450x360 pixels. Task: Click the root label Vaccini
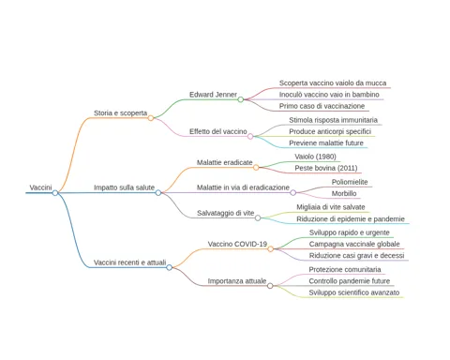click(x=40, y=187)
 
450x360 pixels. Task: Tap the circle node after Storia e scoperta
click(x=151, y=118)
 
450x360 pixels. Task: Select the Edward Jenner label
click(x=213, y=95)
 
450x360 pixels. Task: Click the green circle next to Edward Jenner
click(x=241, y=99)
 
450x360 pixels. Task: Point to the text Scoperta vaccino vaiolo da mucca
click(x=333, y=83)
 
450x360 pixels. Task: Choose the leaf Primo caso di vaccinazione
click(x=322, y=106)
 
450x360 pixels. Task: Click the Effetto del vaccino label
click(x=218, y=131)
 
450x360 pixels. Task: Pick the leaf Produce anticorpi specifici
click(x=330, y=131)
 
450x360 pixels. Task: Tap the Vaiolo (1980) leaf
click(x=315, y=157)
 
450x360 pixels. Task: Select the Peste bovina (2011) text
click(x=326, y=168)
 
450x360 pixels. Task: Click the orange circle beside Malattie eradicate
click(x=256, y=168)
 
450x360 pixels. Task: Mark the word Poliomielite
click(x=350, y=182)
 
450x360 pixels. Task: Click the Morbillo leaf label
click(x=344, y=193)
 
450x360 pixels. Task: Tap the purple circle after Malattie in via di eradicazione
click(x=292, y=192)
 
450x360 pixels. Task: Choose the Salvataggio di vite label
click(x=226, y=213)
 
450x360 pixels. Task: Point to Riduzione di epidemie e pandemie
click(x=351, y=219)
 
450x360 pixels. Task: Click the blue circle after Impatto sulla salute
click(x=158, y=192)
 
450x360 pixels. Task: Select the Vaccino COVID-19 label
click(x=237, y=244)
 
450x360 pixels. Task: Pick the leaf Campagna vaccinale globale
click(x=354, y=244)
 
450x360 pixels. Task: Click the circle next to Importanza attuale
click(x=270, y=286)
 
